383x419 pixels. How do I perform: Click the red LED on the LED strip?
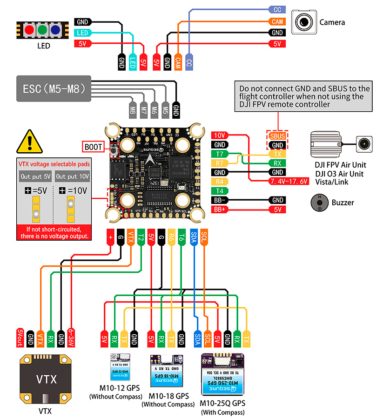click(29, 30)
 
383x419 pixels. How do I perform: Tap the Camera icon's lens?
click(304, 22)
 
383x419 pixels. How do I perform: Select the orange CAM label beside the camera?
click(277, 21)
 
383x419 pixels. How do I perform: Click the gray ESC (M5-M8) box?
click(54, 88)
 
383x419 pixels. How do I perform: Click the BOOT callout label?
click(94, 147)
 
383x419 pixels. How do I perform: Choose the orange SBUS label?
click(277, 136)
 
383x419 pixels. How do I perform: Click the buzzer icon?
click(319, 203)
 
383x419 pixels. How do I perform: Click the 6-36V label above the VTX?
click(71, 336)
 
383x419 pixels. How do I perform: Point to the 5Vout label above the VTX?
click(20, 336)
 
